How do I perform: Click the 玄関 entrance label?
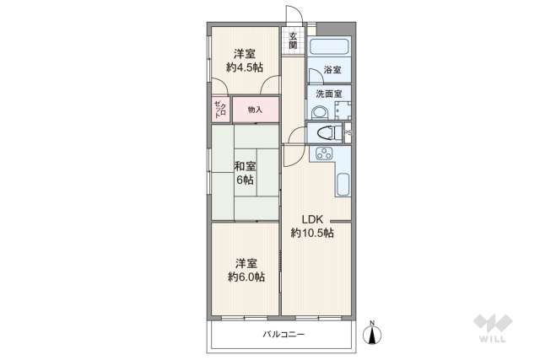(x=293, y=40)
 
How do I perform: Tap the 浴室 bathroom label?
(x=330, y=71)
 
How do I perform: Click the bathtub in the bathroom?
(x=330, y=47)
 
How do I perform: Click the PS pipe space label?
(x=348, y=133)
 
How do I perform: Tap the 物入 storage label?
(x=255, y=110)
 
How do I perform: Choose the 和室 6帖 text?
(x=245, y=173)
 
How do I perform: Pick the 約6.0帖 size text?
(x=246, y=277)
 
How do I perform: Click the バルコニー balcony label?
(x=283, y=335)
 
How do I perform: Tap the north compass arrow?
(x=371, y=335)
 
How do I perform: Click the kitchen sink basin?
(x=343, y=185)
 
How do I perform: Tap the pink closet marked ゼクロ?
(x=219, y=110)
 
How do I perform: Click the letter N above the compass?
(x=371, y=321)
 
